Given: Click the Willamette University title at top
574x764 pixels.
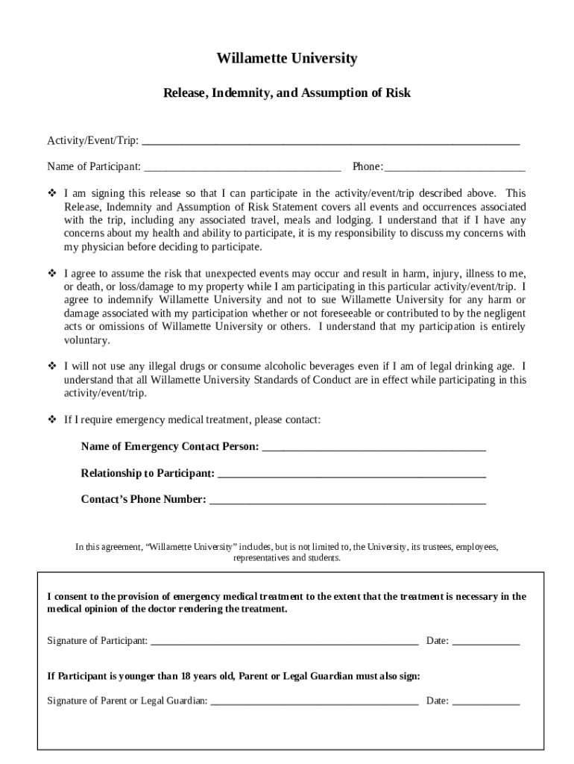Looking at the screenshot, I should point(287,58).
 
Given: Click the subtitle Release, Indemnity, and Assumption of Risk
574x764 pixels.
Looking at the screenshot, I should point(287,93).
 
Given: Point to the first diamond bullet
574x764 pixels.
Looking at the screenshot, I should point(53,193).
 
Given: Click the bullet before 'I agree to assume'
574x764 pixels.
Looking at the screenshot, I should point(53,273).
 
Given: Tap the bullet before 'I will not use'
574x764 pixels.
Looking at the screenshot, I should point(53,366).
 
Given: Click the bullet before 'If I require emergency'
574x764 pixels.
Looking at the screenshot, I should point(53,420).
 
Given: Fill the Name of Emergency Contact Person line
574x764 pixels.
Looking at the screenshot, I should point(374,447).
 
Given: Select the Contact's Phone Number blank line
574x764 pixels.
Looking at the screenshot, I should point(347,500).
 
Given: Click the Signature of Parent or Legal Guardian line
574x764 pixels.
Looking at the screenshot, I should point(314,701).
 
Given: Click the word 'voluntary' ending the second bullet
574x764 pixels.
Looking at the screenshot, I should point(86,340).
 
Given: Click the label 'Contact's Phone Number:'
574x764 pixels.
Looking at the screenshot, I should point(143,500).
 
